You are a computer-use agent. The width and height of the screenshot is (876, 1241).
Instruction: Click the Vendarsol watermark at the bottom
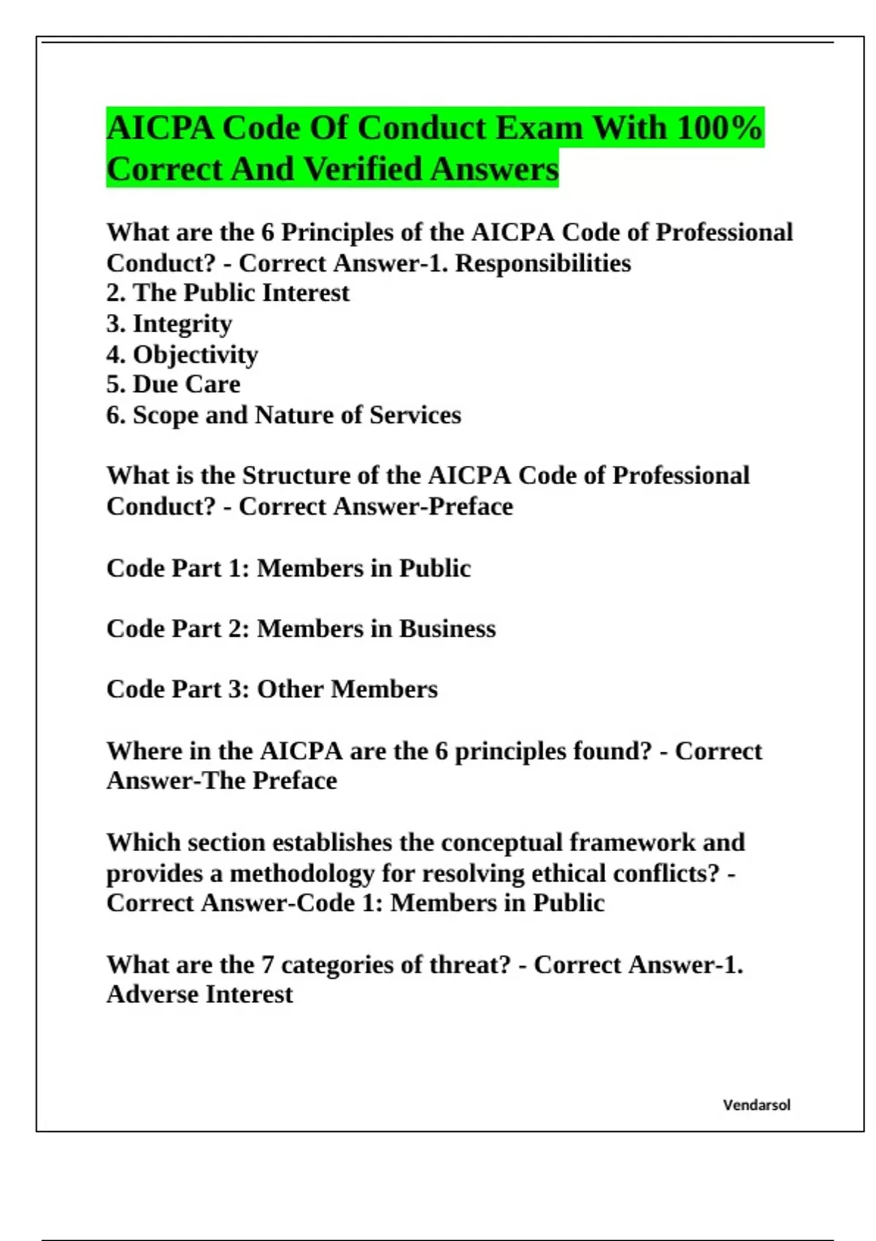click(x=756, y=1105)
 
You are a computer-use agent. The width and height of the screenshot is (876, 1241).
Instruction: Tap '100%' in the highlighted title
click(x=719, y=128)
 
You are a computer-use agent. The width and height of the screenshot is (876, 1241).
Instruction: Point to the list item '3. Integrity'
click(x=169, y=323)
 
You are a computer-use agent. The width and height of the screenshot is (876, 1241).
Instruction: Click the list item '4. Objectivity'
click(x=182, y=354)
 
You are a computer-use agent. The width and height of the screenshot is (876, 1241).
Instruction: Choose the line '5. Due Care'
click(x=173, y=384)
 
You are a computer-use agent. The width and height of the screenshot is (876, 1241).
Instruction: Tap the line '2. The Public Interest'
click(x=228, y=293)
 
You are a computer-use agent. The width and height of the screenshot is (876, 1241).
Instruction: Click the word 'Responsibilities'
click(x=543, y=263)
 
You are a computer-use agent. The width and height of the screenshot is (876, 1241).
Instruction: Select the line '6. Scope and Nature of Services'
click(x=284, y=415)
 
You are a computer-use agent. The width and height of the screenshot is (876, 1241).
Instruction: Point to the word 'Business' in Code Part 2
click(x=447, y=629)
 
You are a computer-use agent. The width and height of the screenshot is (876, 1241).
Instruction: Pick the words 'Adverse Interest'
click(x=199, y=994)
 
